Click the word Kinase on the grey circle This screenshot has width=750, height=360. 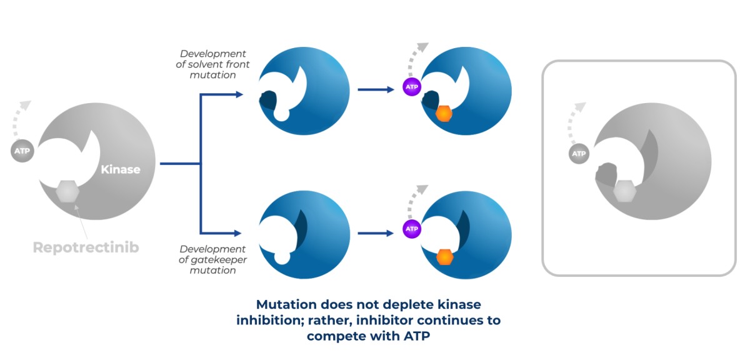121,169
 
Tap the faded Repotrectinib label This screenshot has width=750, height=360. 86,247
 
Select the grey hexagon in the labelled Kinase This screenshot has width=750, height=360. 67,192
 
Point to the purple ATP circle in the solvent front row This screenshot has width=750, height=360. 412,87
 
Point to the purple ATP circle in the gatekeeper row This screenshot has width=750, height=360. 412,229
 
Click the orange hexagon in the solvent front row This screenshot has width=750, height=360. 444,114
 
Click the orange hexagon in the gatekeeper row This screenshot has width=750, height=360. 445,257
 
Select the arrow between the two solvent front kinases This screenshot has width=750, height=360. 376,90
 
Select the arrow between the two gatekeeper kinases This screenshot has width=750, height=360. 376,233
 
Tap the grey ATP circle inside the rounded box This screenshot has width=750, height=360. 579,153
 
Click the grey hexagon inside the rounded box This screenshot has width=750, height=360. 624,192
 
